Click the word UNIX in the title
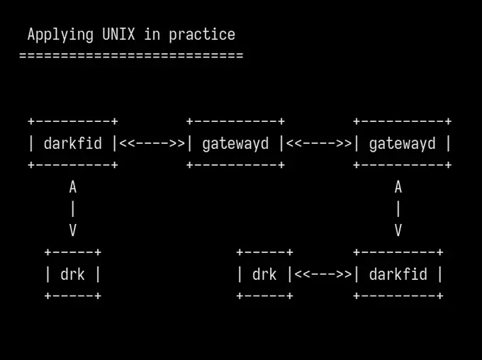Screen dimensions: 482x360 pos(118,34)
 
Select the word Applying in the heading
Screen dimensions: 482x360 pos(60,35)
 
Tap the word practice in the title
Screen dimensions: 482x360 pos(202,35)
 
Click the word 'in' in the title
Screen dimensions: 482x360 pos(152,34)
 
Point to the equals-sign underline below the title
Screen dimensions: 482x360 pos(131,56)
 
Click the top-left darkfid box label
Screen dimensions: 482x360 pos(72,144)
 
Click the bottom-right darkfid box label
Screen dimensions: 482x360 pos(398,274)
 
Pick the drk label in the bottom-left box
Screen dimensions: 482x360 pos(72,274)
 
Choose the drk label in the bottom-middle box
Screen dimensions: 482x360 pos(264,274)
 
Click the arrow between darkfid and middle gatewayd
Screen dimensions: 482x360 pos(152,143)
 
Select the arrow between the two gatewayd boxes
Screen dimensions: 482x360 pos(319,143)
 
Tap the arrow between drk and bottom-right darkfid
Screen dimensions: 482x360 pos(323,274)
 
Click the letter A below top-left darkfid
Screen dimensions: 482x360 pos(72,187)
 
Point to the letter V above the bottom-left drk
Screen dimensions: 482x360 pos(72,230)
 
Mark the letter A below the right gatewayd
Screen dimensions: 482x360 pos(398,187)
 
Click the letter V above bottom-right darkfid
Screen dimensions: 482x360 pos(398,230)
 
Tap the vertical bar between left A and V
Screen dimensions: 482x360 pos(72,209)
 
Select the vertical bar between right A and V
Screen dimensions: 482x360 pos(398,209)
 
